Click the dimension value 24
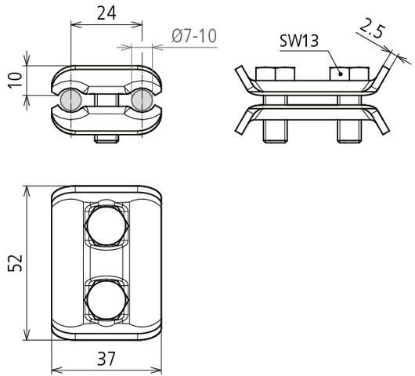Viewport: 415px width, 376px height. pyautogui.click(x=107, y=13)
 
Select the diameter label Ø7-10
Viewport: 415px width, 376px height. pyautogui.click(x=193, y=35)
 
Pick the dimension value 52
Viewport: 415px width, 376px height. pyautogui.click(x=13, y=262)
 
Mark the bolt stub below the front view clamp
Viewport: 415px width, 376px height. pyautogui.click(x=106, y=139)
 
